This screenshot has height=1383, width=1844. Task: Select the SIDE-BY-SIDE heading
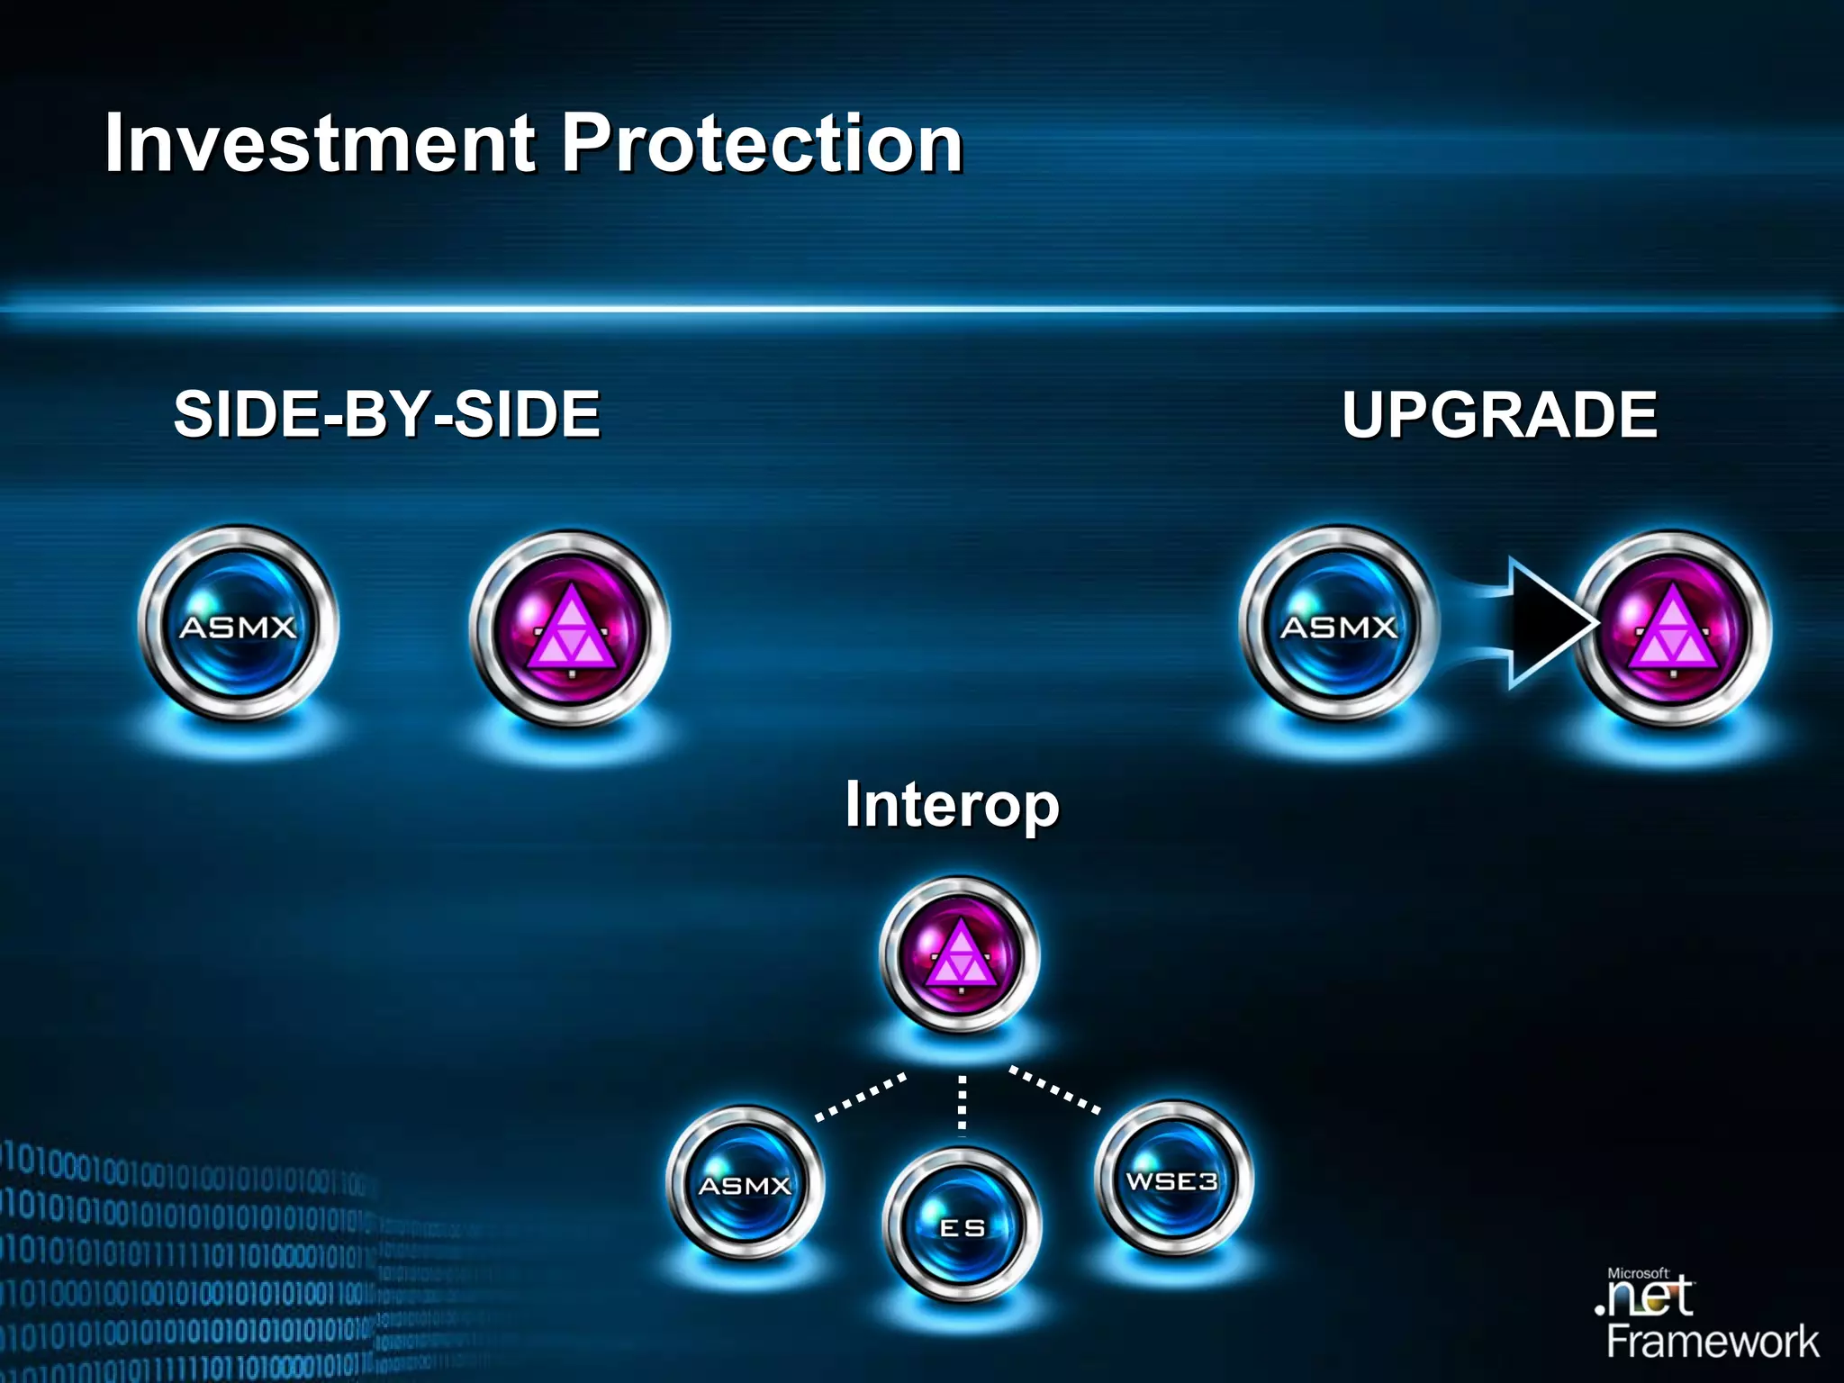[x=387, y=414]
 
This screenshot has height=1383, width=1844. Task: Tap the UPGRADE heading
[x=1499, y=414]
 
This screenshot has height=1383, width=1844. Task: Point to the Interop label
[x=952, y=804]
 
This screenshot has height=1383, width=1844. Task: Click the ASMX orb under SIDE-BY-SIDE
[x=239, y=625]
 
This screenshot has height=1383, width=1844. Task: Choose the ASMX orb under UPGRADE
[x=1339, y=625]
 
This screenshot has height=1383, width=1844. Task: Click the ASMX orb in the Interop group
[x=745, y=1183]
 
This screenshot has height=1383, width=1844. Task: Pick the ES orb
[x=962, y=1226]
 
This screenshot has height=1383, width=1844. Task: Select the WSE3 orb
[x=1172, y=1180]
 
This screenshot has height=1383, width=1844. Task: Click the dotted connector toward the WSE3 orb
[x=1054, y=1089]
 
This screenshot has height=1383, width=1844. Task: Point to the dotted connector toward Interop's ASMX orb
[x=860, y=1097]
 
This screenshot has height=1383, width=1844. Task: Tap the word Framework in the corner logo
[x=1713, y=1342]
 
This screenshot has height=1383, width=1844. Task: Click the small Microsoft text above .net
[x=1638, y=1273]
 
